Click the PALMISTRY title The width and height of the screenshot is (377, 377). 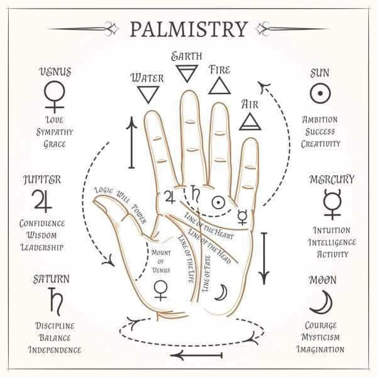(x=189, y=29)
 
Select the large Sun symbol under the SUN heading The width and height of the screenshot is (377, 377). (x=320, y=93)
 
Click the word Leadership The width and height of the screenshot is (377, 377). (x=42, y=247)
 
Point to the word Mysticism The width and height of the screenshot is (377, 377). (x=320, y=337)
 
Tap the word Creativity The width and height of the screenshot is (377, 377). (x=320, y=144)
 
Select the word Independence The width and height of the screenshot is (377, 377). (x=55, y=349)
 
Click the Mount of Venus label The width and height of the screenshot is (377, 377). (x=161, y=261)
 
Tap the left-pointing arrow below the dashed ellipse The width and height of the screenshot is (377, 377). (x=196, y=355)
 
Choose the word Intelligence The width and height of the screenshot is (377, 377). (x=332, y=243)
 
